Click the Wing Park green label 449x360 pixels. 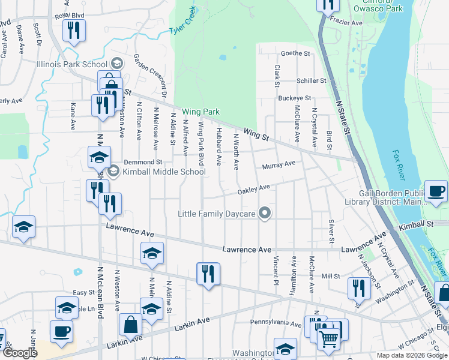click(x=200, y=112)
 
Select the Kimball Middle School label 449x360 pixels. click(x=164, y=172)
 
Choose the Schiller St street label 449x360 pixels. click(x=311, y=80)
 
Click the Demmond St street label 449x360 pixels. click(x=143, y=162)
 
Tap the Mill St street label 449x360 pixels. click(x=331, y=276)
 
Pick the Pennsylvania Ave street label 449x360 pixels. click(x=276, y=323)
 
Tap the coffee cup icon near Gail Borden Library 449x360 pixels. click(x=436, y=192)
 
